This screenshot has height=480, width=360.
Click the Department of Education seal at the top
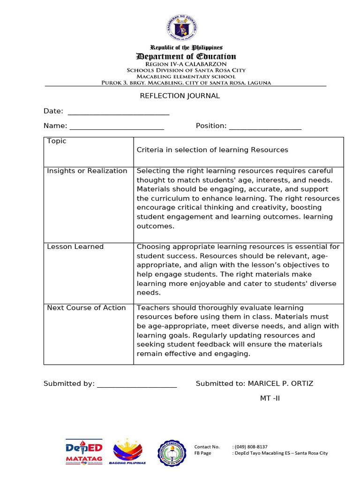coord(182,28)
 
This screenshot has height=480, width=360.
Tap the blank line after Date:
coord(119,112)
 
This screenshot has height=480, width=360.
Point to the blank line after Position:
coord(265,127)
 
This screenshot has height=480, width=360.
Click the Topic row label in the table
coord(57,141)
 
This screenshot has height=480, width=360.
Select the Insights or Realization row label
coord(87,171)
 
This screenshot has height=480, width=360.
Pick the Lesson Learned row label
coord(75,247)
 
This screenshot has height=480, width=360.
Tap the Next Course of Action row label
coord(86,308)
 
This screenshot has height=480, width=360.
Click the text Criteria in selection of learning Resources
coord(212,150)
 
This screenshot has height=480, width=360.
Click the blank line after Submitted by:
coord(136,385)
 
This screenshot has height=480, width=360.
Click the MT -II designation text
coord(270,398)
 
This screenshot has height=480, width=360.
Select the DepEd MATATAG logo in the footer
coord(84,453)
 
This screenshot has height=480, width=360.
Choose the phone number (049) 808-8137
coord(249,447)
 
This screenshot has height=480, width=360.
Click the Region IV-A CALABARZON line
coord(186,64)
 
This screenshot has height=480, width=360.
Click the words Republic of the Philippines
coord(186,48)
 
